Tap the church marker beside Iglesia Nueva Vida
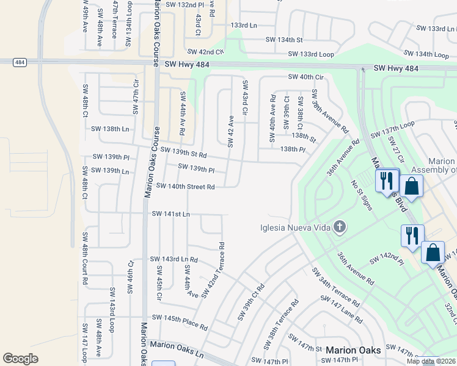tap(340, 228)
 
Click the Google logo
tap(20, 359)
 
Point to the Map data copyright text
tap(431, 361)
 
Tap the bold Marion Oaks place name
tap(354, 350)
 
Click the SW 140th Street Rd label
tap(185, 187)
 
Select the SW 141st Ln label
tap(170, 214)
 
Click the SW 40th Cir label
tap(305, 77)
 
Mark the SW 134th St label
tap(283, 40)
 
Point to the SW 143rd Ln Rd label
tap(174, 259)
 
